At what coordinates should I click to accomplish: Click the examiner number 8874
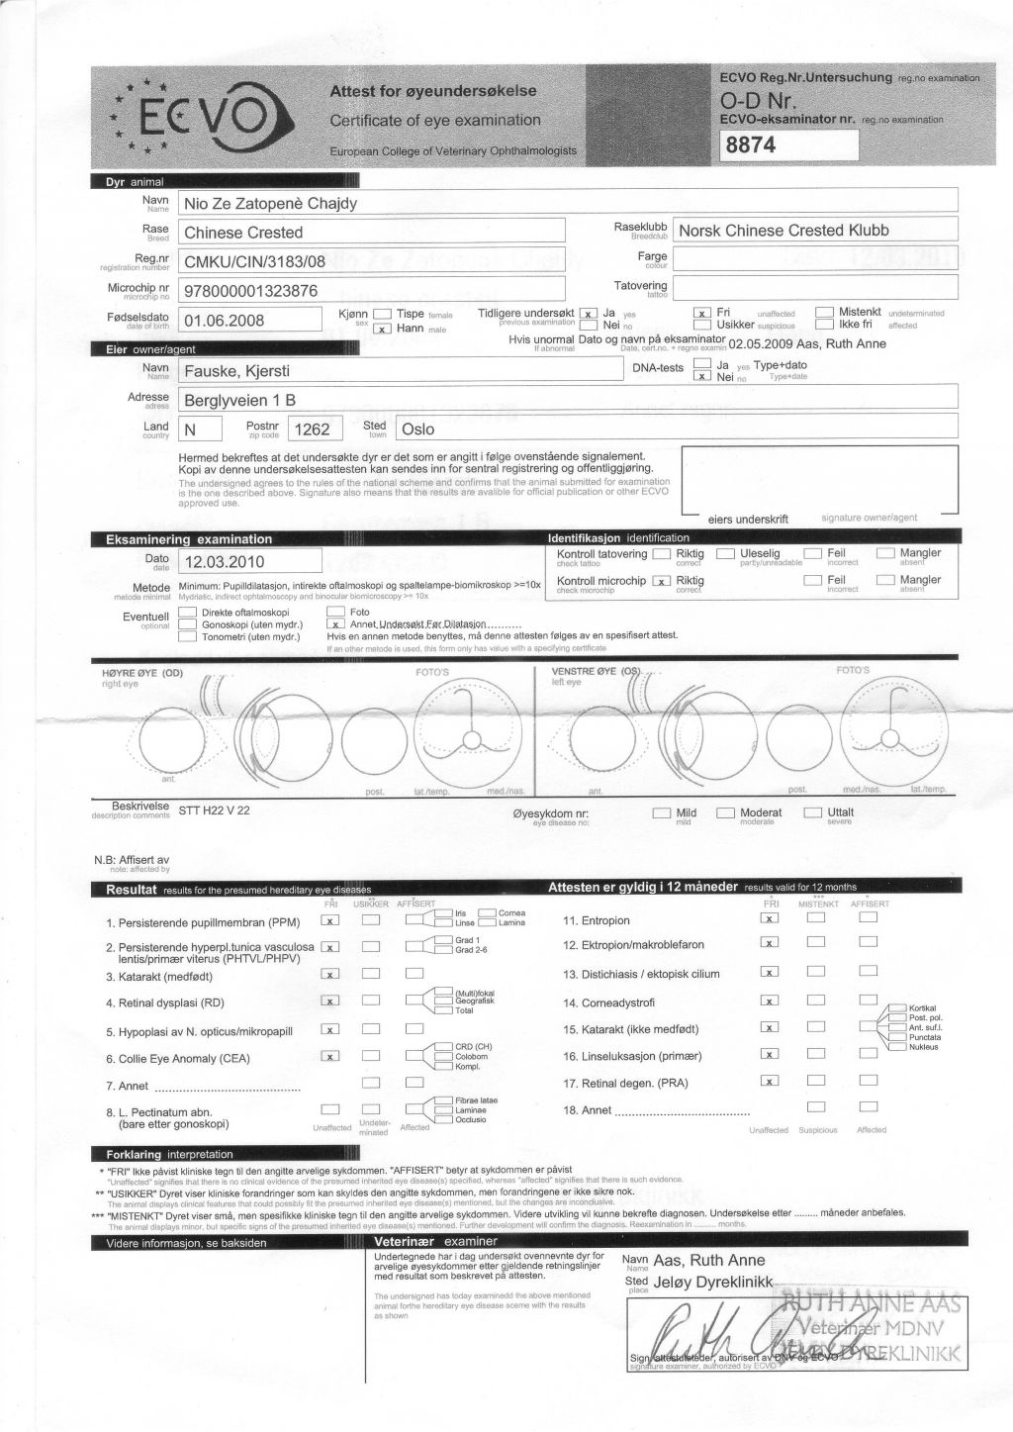[x=751, y=145]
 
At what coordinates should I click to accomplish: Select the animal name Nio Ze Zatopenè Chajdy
[x=270, y=204]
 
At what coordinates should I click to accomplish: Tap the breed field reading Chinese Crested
[x=243, y=233]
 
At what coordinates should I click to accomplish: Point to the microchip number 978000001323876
[x=251, y=291]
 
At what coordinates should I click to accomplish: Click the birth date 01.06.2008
[x=225, y=321]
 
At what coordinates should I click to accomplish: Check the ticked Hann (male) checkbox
[x=382, y=329]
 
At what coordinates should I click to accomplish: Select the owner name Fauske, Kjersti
[x=237, y=372]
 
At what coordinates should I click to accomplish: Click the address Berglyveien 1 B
[x=240, y=401]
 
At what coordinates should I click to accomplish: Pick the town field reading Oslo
[x=416, y=430]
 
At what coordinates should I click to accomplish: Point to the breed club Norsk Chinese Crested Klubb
[x=783, y=231]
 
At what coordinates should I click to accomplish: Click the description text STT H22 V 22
[x=214, y=810]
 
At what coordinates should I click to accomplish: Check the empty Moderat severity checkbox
[x=725, y=813]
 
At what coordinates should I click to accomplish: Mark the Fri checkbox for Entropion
[x=768, y=918]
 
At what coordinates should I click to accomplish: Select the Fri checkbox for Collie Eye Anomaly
[x=331, y=1056]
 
